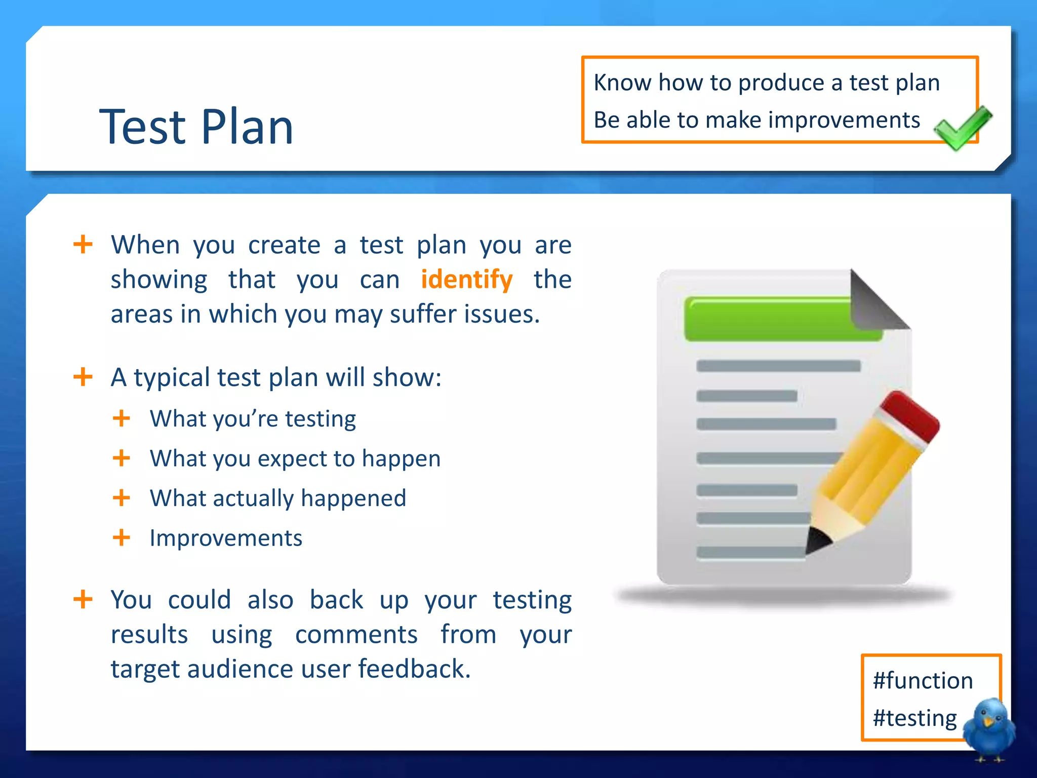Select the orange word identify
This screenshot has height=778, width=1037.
466,280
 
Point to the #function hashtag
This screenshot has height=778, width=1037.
923,680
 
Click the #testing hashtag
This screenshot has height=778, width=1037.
914,718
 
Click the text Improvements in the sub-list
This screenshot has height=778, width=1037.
226,538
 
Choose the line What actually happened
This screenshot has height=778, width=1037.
278,498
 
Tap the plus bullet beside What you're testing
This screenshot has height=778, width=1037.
122,419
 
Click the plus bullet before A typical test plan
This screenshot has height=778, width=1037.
83,377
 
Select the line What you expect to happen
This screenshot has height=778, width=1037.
295,458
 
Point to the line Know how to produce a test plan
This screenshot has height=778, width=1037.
766,83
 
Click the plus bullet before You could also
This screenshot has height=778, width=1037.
83,600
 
